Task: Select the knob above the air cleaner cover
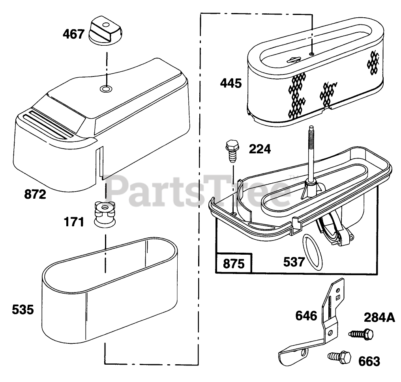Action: coord(107,30)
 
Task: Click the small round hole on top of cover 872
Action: coord(105,88)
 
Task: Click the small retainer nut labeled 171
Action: coord(105,213)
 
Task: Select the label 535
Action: coord(22,309)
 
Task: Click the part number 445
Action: coord(230,84)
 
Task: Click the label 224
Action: coord(259,149)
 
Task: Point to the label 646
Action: coord(306,316)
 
